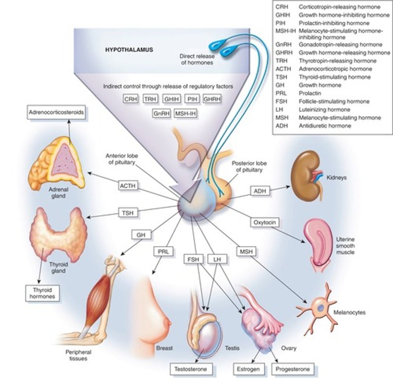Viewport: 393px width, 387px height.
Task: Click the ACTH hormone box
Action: click(128, 186)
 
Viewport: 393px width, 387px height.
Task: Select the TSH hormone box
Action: click(128, 213)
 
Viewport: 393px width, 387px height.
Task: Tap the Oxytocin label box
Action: click(264, 222)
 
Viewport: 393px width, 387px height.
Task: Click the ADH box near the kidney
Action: click(260, 191)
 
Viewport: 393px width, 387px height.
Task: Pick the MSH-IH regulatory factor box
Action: click(185, 114)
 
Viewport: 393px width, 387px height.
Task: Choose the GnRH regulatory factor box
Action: click(162, 114)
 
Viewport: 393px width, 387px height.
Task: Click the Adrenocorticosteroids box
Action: click(56, 113)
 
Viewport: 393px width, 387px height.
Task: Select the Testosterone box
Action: click(191, 369)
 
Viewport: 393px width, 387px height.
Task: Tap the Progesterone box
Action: click(292, 369)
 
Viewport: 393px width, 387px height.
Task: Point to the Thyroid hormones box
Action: click(42, 293)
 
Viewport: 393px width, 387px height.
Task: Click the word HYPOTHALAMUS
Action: click(129, 50)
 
